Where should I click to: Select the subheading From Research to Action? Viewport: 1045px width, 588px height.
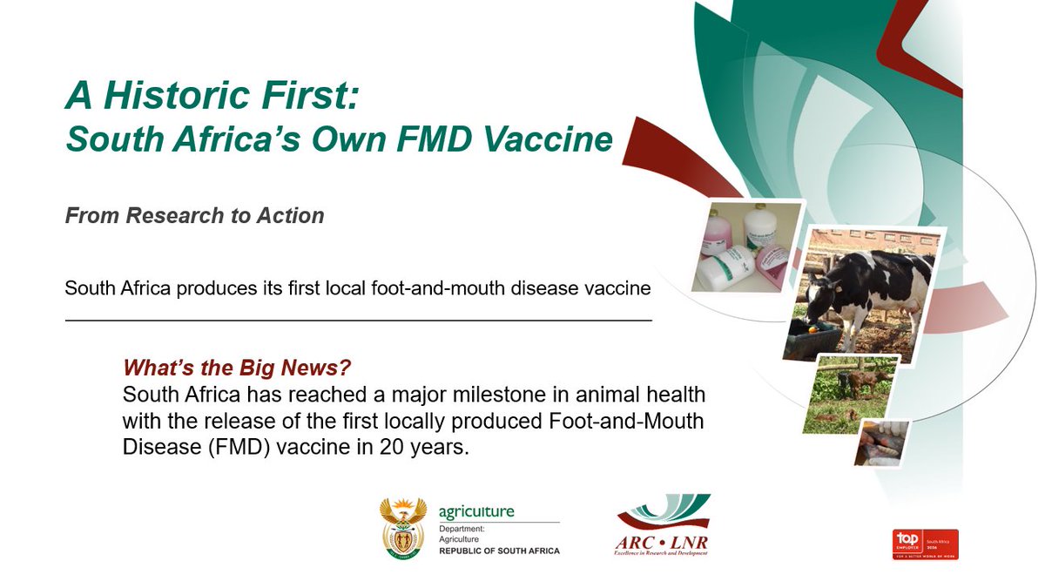pyautogui.click(x=194, y=215)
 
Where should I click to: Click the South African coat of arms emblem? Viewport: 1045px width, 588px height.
pyautogui.click(x=404, y=527)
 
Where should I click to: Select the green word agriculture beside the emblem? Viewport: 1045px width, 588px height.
pyautogui.click(x=476, y=512)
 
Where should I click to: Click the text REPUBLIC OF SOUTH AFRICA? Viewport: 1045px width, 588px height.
pyautogui.click(x=499, y=551)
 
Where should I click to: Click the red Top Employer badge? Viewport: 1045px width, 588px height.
pyautogui.click(x=925, y=543)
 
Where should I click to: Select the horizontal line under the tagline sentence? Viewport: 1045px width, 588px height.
pyautogui.click(x=358, y=321)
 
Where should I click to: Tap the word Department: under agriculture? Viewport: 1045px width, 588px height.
pyautogui.click(x=462, y=529)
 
